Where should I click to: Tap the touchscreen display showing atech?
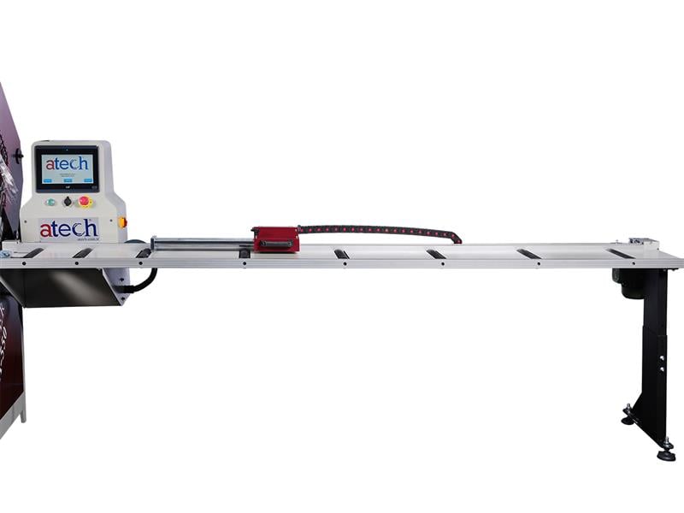66,167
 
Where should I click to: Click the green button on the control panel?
50,202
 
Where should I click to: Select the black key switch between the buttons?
68,202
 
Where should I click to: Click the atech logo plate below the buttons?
68,228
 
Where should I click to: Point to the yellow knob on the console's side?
122,222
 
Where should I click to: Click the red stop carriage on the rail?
275,239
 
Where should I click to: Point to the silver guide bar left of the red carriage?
201,243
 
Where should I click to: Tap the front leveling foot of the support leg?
665,453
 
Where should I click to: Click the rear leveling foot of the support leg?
628,418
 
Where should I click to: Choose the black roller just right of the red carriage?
341,254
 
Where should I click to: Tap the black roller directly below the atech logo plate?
82,253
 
